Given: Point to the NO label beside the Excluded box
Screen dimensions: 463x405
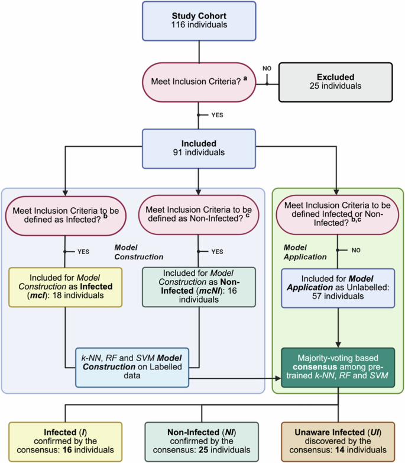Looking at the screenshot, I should [267, 69].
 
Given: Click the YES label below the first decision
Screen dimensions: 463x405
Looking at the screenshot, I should [216, 115].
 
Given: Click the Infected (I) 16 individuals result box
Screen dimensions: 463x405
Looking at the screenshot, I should [64, 441].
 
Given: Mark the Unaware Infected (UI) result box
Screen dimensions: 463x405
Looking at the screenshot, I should [338, 441].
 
